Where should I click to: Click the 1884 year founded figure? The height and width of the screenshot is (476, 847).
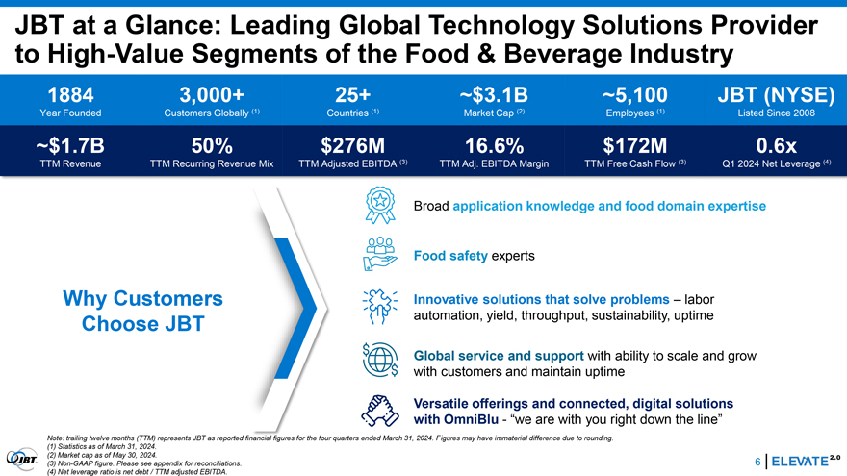click(x=71, y=95)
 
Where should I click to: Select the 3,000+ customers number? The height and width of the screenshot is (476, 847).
click(x=212, y=95)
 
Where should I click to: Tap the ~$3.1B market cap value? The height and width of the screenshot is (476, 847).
click(x=494, y=95)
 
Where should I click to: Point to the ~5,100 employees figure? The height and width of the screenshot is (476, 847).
click(x=634, y=95)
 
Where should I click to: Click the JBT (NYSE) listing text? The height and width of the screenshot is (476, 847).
click(x=776, y=95)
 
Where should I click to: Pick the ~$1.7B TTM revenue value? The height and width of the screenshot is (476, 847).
click(x=70, y=146)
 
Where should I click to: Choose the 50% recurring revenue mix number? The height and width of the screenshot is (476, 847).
click(x=212, y=146)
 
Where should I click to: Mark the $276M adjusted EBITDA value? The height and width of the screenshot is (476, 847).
click(x=352, y=146)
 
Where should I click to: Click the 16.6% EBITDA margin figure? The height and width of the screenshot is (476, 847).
click(x=495, y=146)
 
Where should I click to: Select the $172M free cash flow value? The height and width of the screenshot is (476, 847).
click(x=635, y=146)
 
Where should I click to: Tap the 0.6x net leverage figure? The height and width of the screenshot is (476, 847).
click(x=776, y=146)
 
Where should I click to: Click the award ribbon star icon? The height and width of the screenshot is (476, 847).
click(x=380, y=205)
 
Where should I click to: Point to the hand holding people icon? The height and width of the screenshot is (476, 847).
click(x=380, y=254)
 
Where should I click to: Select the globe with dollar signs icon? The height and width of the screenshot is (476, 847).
click(x=380, y=360)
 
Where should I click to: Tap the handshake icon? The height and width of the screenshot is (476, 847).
click(x=380, y=411)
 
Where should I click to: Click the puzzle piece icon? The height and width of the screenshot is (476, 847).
click(x=380, y=307)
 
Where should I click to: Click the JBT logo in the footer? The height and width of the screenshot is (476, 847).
click(x=22, y=460)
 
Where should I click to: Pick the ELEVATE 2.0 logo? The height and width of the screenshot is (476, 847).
click(x=806, y=461)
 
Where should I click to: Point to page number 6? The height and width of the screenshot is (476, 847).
click(x=757, y=462)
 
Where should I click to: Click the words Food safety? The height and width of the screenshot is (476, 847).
click(x=450, y=256)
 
